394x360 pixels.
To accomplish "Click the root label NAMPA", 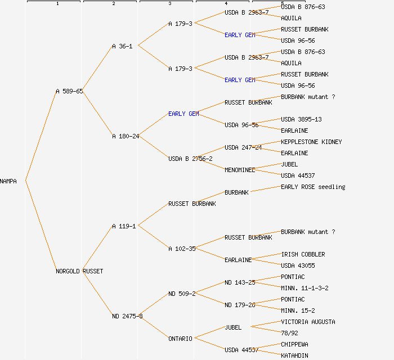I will click(8, 181).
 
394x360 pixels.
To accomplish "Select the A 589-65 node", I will click(69, 91).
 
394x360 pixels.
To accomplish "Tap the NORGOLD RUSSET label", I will click(79, 271).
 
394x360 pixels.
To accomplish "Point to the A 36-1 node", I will click(122, 46).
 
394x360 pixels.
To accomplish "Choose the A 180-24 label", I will click(126, 136).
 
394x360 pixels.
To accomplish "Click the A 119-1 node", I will click(124, 226).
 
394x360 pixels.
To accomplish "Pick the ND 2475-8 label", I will click(127, 316).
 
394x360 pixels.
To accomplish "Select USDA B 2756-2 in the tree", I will click(190, 159).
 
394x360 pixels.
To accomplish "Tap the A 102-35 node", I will click(182, 249).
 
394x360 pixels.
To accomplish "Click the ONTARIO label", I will click(180, 339).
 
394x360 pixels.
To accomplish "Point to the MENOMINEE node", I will click(240, 170).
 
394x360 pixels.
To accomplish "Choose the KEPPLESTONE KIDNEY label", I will click(311, 142).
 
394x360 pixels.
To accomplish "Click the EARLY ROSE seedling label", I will click(313, 187).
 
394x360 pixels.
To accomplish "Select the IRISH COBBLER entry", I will click(303, 254).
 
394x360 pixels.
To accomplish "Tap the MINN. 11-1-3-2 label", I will click(305, 288).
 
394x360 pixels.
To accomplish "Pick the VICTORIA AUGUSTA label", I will click(308, 322).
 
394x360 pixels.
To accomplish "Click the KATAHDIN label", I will click(294, 355).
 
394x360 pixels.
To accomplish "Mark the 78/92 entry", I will click(289, 333).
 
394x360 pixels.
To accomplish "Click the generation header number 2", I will click(113, 4).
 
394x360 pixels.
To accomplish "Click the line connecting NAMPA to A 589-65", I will click(41, 136).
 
